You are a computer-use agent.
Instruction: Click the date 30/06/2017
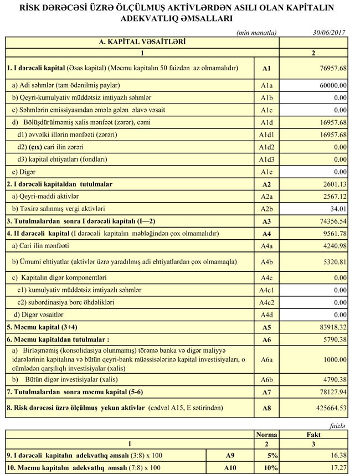point(329,33)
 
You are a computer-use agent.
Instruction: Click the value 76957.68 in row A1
point(331,69)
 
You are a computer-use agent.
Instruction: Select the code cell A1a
point(266,86)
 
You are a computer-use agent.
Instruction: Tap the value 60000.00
point(331,86)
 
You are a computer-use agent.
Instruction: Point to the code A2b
point(266,208)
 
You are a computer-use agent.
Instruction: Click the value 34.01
point(337,208)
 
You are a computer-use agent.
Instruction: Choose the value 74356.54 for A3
point(331,221)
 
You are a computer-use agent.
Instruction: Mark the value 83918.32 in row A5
point(331,327)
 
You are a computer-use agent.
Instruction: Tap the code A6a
point(266,359)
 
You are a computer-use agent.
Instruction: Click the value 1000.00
point(333,359)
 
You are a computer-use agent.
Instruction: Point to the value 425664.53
point(329,409)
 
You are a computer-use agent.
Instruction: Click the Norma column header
point(267,435)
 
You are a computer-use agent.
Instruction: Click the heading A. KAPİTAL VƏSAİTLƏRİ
point(142,42)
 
